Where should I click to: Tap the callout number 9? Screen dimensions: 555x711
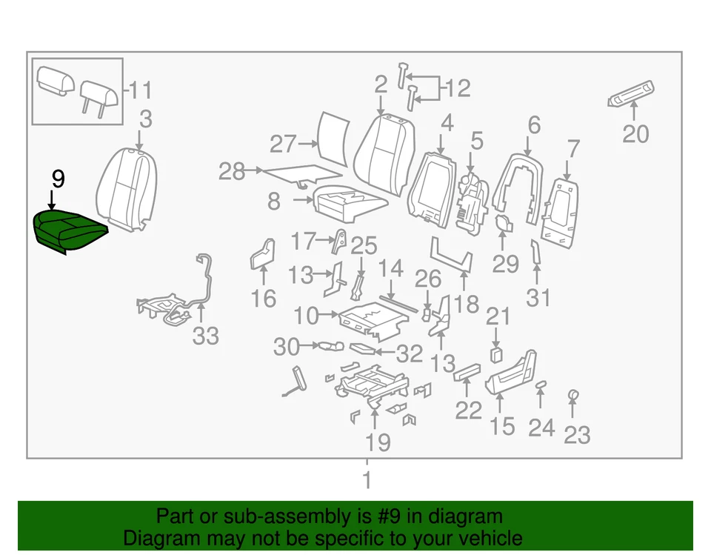58,179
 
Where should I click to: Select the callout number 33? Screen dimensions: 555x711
205,336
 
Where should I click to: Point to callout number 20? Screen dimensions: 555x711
635,134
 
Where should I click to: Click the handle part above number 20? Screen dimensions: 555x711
629,92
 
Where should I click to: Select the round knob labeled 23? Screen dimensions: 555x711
573,395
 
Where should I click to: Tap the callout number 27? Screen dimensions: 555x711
283,144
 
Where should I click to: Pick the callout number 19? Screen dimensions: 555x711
378,442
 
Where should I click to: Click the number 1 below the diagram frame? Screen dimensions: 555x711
366,481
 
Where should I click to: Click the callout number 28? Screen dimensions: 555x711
232,172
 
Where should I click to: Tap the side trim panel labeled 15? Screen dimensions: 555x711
511,374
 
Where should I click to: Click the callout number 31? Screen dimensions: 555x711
539,298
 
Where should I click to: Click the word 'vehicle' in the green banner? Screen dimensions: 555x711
486,538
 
